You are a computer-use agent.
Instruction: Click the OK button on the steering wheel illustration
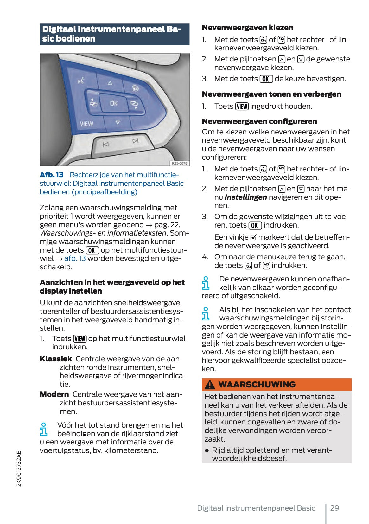click(x=113, y=103)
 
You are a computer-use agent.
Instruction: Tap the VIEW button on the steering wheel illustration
click(x=86, y=124)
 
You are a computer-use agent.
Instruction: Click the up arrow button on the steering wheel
click(x=110, y=83)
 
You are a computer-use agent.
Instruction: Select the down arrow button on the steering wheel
click(x=118, y=122)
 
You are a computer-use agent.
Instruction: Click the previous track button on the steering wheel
click(x=105, y=145)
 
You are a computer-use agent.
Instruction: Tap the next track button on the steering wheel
click(x=136, y=141)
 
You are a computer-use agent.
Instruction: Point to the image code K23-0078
click(x=179, y=163)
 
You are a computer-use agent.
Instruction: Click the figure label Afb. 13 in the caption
click(x=52, y=175)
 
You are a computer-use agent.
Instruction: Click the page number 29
click(x=334, y=508)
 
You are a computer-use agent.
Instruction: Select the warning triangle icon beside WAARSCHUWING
click(x=210, y=385)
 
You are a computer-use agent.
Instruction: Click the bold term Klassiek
click(x=56, y=359)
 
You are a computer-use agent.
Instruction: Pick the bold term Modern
click(x=54, y=394)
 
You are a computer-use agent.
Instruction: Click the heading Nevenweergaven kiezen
click(x=247, y=28)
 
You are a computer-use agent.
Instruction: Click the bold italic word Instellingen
click(x=245, y=197)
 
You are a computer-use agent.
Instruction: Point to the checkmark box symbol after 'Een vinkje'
click(x=253, y=237)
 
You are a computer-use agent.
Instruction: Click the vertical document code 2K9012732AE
click(x=19, y=469)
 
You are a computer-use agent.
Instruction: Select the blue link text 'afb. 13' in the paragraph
click(x=75, y=258)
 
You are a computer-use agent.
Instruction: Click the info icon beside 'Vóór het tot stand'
click(x=44, y=429)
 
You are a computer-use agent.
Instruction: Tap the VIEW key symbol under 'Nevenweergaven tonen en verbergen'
click(x=242, y=107)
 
